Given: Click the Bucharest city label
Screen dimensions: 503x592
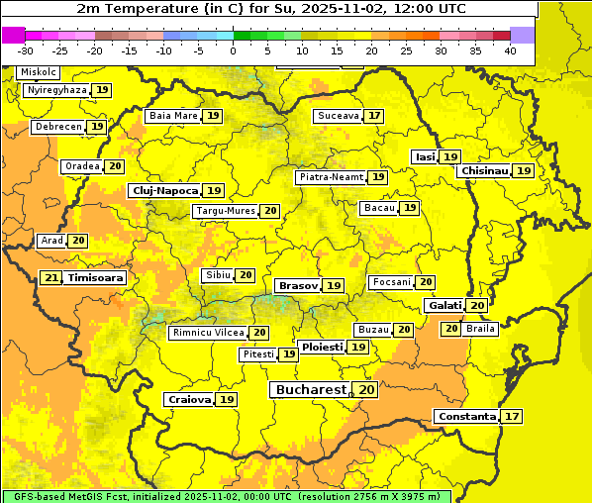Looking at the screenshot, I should tap(311, 390).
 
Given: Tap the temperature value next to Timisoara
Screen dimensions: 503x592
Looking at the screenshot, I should tap(51, 278).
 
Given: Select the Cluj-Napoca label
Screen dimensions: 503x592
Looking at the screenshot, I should tap(164, 190).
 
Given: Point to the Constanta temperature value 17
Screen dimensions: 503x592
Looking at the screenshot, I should tap(511, 417).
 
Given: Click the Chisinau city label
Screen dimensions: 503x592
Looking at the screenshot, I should tap(485, 170).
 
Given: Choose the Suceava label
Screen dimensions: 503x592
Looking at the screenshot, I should tap(338, 116).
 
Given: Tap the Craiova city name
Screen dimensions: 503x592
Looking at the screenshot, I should tap(189, 399).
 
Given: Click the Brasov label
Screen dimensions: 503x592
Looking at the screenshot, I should tap(298, 285).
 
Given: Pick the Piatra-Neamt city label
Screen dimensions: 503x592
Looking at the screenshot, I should tap(331, 177).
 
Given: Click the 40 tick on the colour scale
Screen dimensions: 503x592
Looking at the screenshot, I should tap(510, 50).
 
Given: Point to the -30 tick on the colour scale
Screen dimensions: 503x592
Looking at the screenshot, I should tap(26, 50).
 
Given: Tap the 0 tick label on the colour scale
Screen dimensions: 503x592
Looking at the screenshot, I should tap(234, 50).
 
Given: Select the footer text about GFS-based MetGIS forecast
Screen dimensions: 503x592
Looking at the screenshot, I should tap(226, 496).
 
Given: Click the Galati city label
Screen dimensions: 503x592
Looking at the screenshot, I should tap(444, 306).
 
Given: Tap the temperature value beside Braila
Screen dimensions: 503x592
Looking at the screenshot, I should tap(450, 328).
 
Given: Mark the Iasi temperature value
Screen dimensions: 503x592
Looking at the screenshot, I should tap(450, 156).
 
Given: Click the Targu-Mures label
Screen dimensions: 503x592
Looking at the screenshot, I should tap(224, 211).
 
